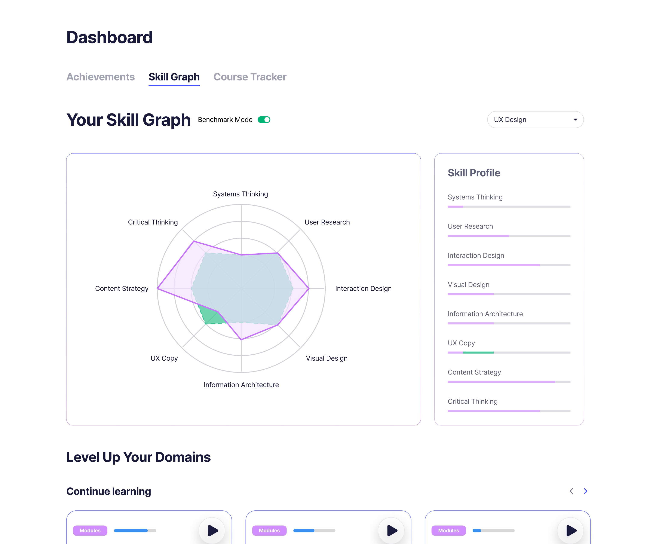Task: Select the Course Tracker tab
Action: pyautogui.click(x=250, y=77)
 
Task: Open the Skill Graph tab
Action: pyautogui.click(x=174, y=77)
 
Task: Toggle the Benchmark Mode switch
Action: pyautogui.click(x=264, y=120)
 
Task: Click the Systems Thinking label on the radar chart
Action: pyautogui.click(x=240, y=194)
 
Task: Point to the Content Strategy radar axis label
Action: pyautogui.click(x=122, y=289)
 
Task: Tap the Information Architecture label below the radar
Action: pyautogui.click(x=241, y=385)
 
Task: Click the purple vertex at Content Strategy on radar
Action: pyautogui.click(x=157, y=288)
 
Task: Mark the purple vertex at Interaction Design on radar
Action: pyautogui.click(x=309, y=288)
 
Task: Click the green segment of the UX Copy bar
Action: pyautogui.click(x=478, y=352)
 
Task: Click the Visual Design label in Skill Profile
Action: pyautogui.click(x=468, y=285)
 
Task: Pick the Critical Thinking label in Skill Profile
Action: pyautogui.click(x=472, y=401)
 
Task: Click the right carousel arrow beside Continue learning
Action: pyautogui.click(x=585, y=491)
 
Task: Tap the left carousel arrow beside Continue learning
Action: pyautogui.click(x=571, y=491)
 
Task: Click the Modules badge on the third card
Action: pyautogui.click(x=448, y=531)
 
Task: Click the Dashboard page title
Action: pyautogui.click(x=109, y=37)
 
